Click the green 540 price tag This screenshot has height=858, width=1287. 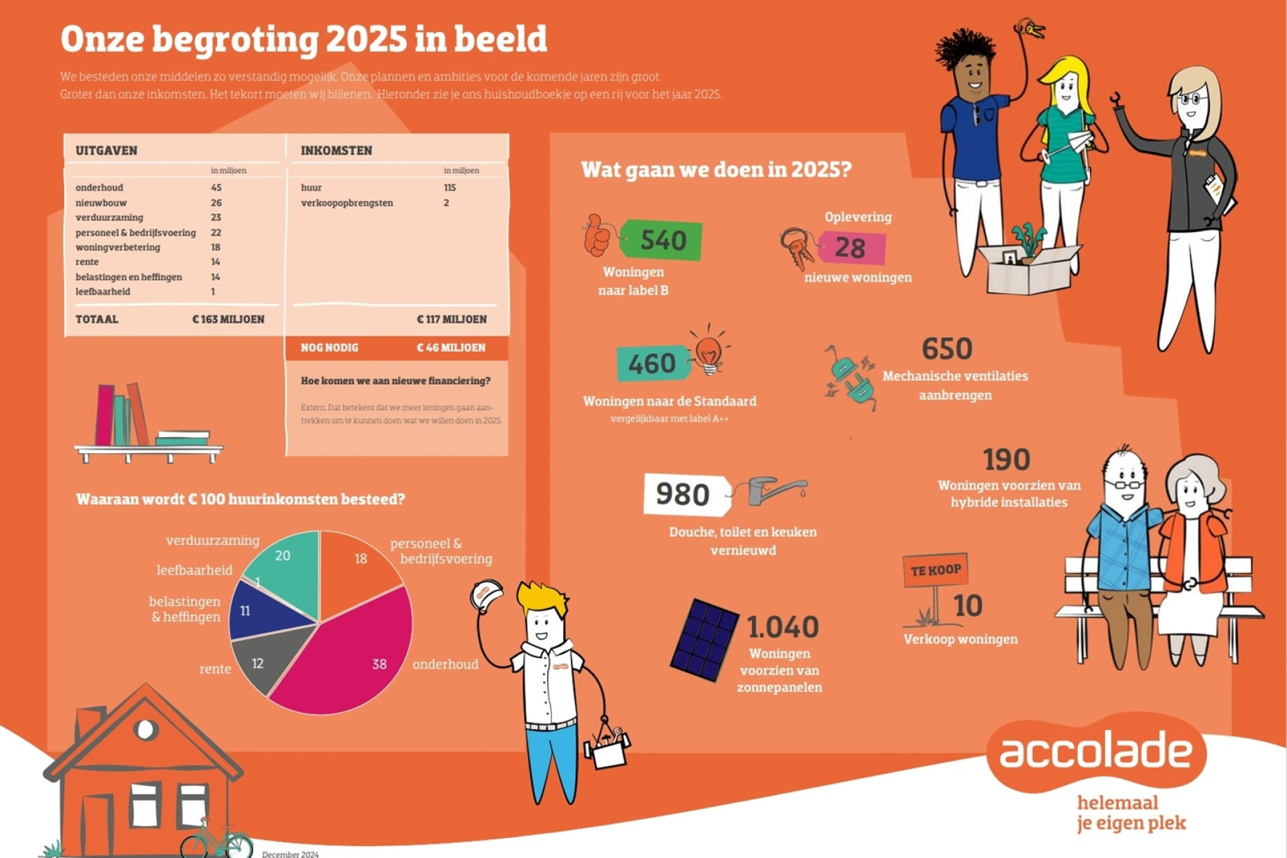[661, 239]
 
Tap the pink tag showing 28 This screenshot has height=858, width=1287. [851, 248]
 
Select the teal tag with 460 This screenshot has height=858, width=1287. [653, 363]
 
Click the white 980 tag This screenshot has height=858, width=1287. [686, 495]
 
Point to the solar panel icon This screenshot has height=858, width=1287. [704, 639]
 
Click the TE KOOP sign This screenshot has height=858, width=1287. [935, 570]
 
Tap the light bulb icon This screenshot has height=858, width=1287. [709, 351]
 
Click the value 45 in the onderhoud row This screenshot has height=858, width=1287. [216, 188]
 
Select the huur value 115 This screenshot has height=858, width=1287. [449, 188]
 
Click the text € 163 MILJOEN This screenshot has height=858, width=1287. [229, 319]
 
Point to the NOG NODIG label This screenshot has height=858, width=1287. [329, 347]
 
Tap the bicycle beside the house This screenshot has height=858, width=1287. [216, 839]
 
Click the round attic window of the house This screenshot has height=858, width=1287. [145, 729]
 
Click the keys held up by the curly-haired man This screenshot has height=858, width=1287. [1030, 29]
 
